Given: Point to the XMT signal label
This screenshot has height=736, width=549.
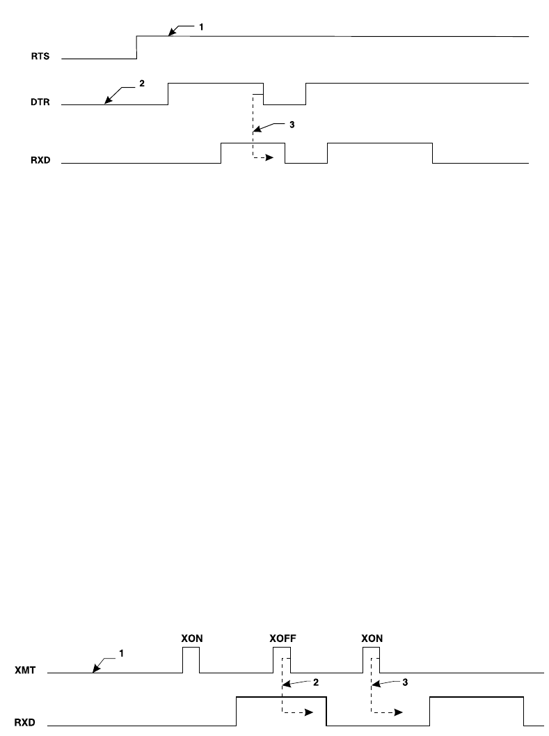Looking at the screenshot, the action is (26, 673).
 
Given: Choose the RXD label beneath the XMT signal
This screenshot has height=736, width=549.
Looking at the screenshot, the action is (26, 724).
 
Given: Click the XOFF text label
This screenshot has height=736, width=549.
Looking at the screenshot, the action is (282, 638).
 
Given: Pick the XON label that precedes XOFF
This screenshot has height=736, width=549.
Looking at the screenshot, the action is (191, 638).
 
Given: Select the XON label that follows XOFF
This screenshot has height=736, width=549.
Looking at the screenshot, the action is (372, 638).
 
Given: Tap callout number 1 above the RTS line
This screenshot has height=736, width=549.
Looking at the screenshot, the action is (202, 26).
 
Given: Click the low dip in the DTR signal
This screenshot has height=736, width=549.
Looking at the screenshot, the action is (284, 104).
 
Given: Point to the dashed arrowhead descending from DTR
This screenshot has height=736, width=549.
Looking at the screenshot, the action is (271, 158).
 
